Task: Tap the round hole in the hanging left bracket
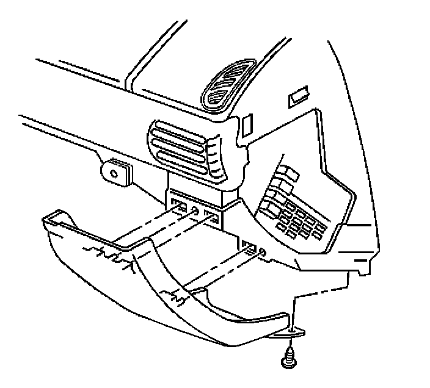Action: (x=114, y=173)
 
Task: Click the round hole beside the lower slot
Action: (x=262, y=251)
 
